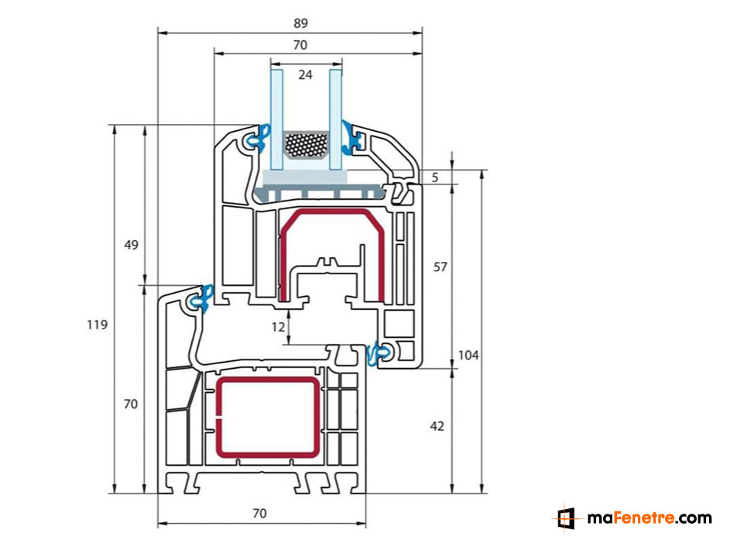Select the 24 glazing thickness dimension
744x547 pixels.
[305, 75]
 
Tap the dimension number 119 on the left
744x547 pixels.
[96, 325]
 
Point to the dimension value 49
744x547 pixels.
[131, 245]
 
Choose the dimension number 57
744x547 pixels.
[440, 267]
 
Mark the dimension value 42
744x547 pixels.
[437, 426]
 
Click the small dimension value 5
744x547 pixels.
[435, 177]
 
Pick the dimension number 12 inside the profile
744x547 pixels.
[278, 327]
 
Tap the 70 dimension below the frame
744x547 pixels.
[259, 513]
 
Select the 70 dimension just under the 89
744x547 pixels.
[300, 46]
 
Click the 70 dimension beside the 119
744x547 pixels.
[131, 404]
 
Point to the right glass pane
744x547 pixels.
[335, 116]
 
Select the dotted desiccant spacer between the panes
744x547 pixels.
[306, 143]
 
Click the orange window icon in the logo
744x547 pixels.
[567, 518]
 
